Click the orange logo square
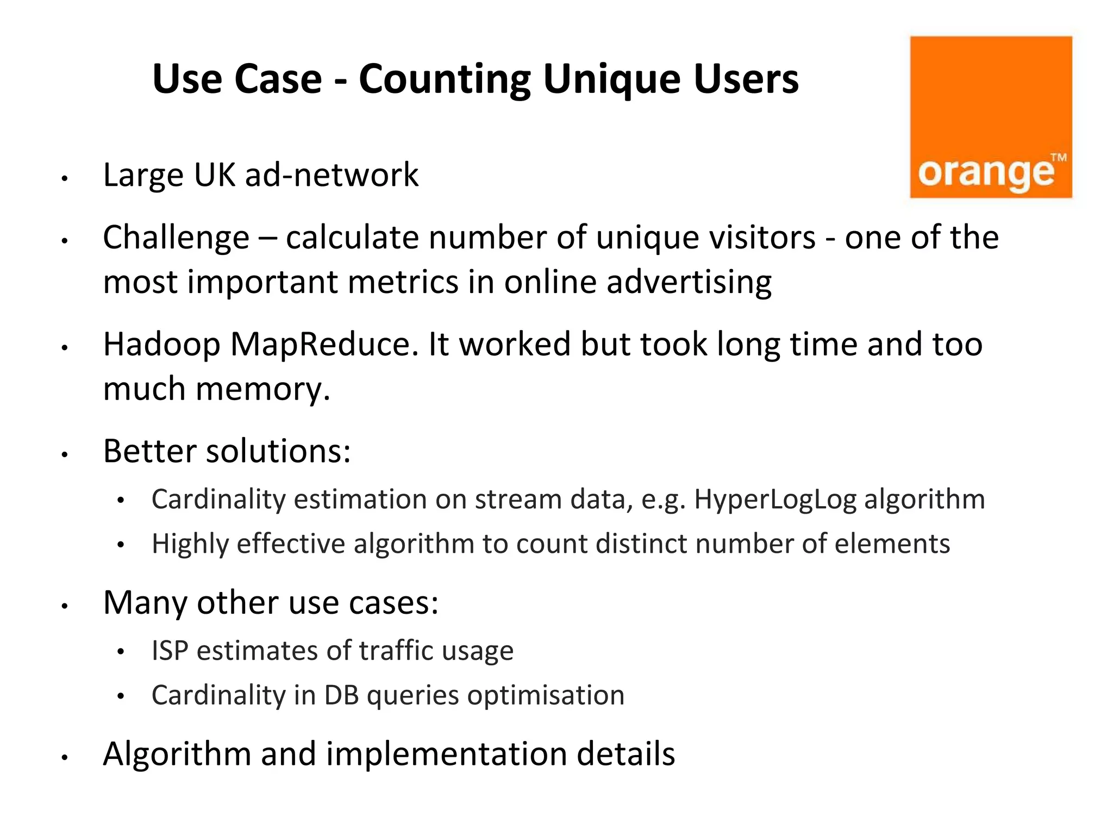991,117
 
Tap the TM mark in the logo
1058,158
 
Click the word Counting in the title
444,79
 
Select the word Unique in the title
611,79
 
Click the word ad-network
332,175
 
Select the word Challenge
176,238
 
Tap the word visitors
705,238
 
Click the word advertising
689,283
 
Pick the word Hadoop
161,345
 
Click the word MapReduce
324,345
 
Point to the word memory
262,389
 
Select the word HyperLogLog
775,499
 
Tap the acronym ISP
170,651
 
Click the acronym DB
341,695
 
